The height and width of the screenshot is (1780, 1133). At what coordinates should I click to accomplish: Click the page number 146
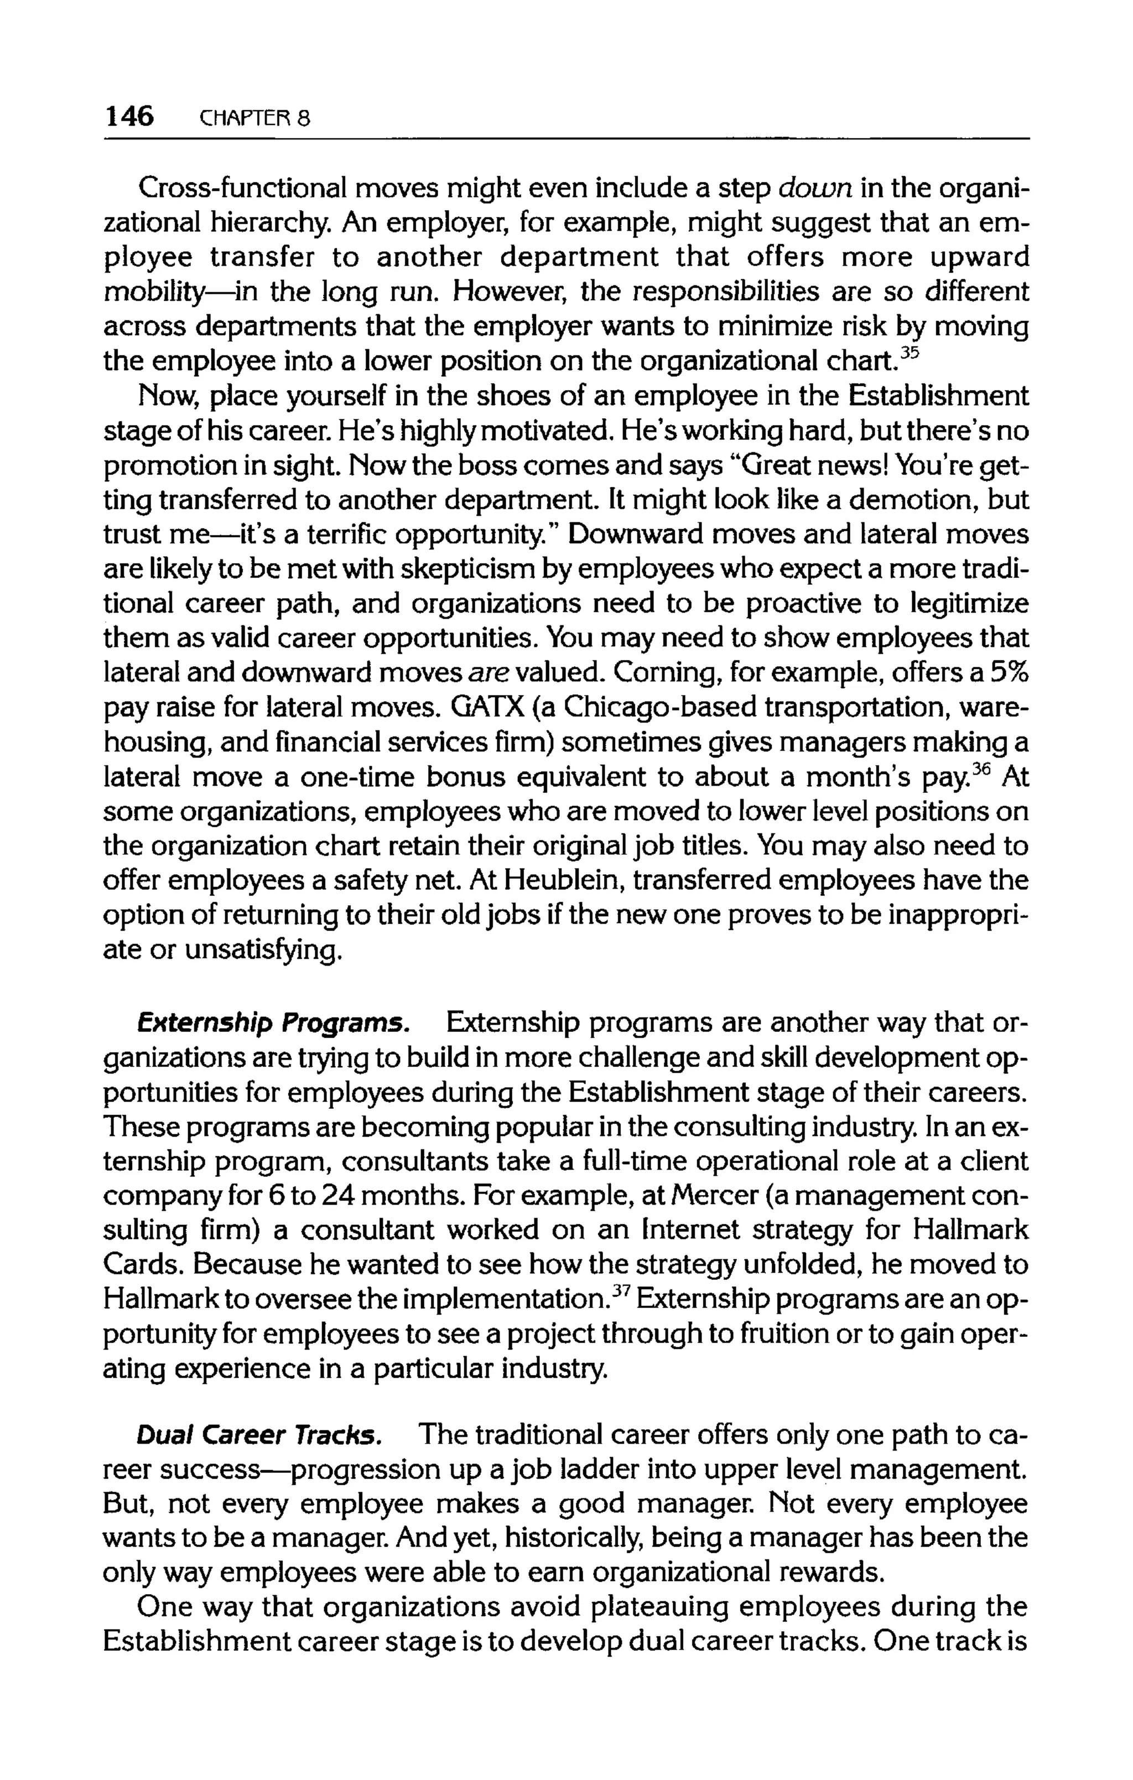[x=129, y=116]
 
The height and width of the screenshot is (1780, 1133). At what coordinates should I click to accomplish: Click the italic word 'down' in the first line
[x=816, y=189]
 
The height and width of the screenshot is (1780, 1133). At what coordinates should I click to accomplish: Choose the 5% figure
[x=1009, y=673]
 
